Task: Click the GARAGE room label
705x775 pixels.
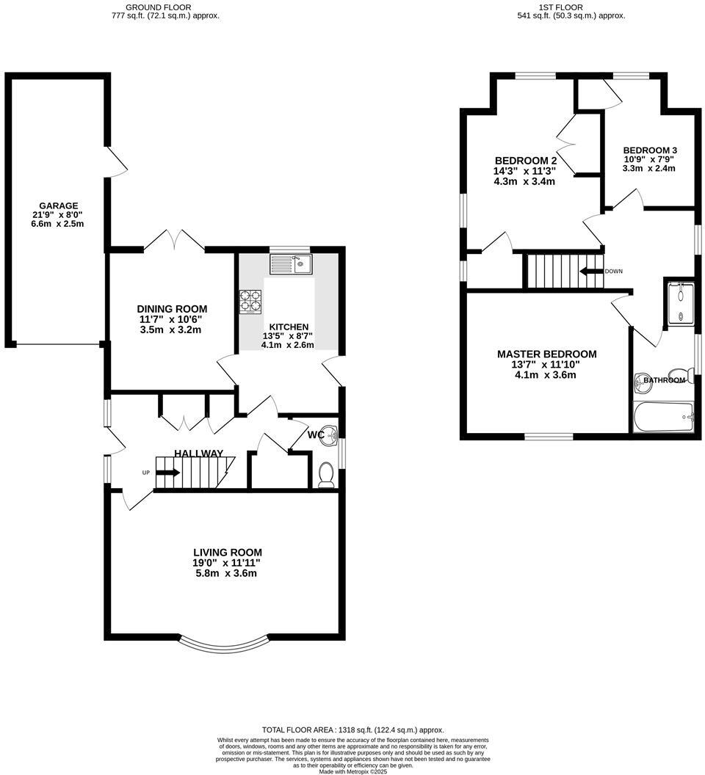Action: tap(59, 205)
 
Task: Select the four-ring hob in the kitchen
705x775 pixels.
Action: tap(250, 301)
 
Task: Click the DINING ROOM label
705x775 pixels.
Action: tap(172, 309)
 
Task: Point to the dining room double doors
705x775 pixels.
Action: tap(174, 240)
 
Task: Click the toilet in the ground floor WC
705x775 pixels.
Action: tap(327, 474)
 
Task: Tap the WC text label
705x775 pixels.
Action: tap(316, 435)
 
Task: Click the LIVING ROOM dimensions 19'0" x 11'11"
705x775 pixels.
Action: tap(227, 563)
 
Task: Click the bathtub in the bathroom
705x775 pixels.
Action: tap(663, 416)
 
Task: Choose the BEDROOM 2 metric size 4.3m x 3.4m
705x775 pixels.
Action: tap(524, 181)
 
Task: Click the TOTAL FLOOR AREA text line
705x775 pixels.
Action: tap(352, 729)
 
